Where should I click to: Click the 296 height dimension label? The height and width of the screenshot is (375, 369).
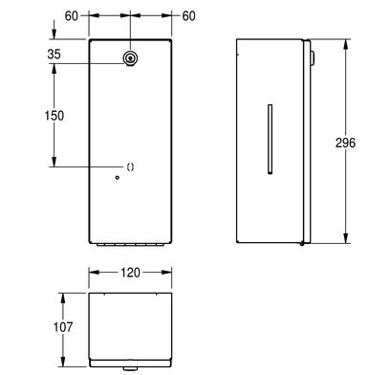click(345, 143)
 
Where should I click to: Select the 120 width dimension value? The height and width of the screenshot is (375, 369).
click(130, 273)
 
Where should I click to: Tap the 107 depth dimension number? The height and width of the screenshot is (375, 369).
click(63, 326)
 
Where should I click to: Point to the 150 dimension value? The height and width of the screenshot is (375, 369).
click(54, 116)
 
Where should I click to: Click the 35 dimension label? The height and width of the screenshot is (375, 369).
click(54, 55)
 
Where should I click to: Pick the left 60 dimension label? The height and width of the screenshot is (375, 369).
click(72, 16)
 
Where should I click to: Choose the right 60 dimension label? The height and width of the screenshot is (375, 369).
click(188, 16)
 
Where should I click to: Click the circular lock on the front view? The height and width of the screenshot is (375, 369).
click(130, 58)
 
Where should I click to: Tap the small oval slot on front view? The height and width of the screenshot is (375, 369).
click(130, 166)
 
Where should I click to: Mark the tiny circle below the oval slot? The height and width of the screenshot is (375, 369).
click(118, 178)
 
